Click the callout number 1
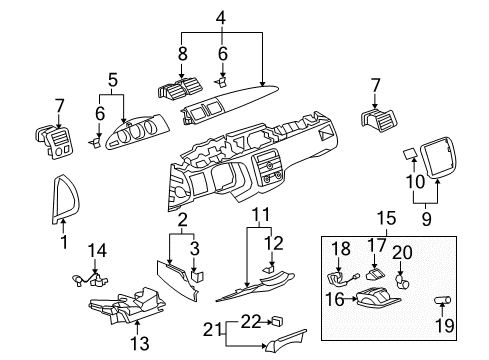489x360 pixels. [x=63, y=241]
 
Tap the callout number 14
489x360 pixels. [x=96, y=251]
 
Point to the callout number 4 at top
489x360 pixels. [x=221, y=17]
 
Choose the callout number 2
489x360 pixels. [x=181, y=219]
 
